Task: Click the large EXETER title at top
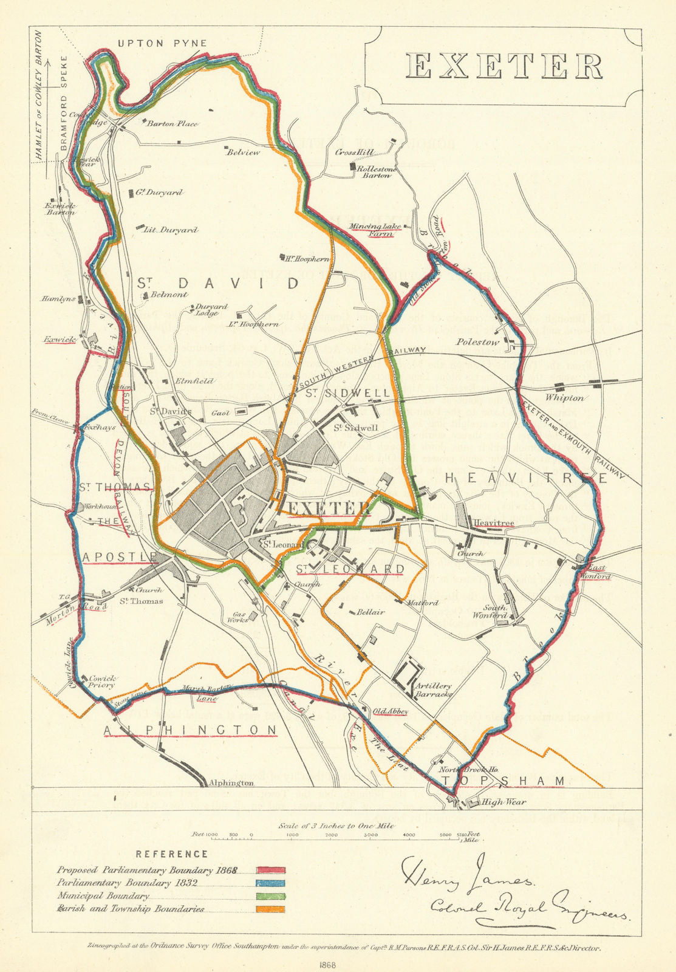pyautogui.click(x=504, y=66)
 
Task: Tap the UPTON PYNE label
pyautogui.click(x=162, y=43)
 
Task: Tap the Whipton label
pyautogui.click(x=564, y=398)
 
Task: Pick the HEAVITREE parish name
pyautogui.click(x=526, y=479)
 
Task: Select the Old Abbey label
pyautogui.click(x=390, y=711)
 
